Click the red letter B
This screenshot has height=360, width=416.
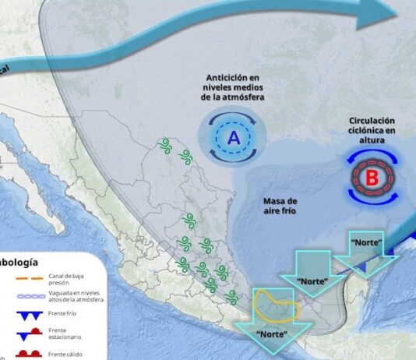pyautogui.click(x=372, y=178)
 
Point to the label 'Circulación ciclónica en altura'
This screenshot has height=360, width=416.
pyautogui.click(x=372, y=131)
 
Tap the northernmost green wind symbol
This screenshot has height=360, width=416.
pyautogui.click(x=164, y=144)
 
